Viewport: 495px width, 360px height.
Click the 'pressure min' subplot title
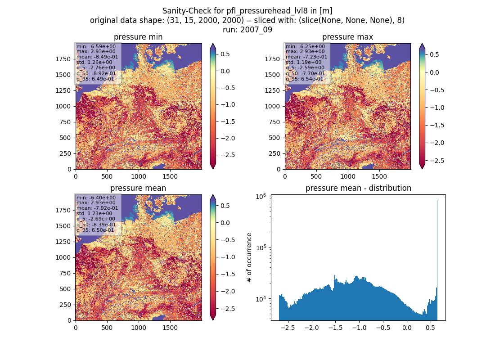click(138, 37)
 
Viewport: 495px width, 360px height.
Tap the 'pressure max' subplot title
click(347, 37)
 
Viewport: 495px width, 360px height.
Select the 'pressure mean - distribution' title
click(358, 188)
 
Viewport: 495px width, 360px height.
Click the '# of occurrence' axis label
click(249, 258)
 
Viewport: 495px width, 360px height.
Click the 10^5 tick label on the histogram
click(261, 247)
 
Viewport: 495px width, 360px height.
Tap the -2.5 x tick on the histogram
click(288, 328)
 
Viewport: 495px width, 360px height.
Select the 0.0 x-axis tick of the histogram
click(407, 328)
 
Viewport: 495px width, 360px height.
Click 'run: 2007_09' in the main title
click(247, 30)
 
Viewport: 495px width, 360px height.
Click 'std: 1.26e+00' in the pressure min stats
click(94, 62)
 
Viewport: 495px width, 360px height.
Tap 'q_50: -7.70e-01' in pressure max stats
click(305, 73)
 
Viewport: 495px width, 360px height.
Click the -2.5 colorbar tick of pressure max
click(436, 160)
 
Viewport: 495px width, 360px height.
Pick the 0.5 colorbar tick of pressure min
click(225, 54)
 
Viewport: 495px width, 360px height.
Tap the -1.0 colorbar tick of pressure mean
click(227, 257)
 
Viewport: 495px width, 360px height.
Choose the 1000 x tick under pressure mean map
click(139, 328)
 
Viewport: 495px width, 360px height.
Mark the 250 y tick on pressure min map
click(65, 153)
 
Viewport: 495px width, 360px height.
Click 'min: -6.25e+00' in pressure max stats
click(305, 46)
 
